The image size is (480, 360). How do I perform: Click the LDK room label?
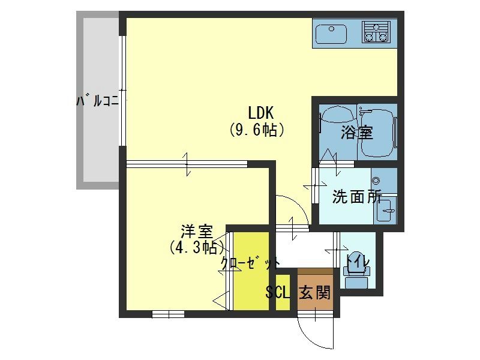point(260,113)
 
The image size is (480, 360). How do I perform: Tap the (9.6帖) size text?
point(257,130)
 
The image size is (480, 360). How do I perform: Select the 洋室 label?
point(196,232)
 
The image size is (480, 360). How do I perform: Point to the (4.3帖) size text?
point(197,247)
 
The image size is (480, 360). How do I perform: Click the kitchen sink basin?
point(331,34)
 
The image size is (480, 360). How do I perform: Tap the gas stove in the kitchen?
point(376,31)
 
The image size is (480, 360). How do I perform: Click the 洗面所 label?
point(357,197)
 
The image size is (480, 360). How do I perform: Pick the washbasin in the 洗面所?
point(385,211)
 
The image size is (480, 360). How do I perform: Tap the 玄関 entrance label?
point(314,292)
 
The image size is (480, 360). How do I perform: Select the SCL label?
point(277,292)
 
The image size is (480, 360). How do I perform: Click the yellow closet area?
point(251,271)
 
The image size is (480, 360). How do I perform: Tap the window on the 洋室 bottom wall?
point(168,314)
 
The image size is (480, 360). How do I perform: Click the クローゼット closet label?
point(250,263)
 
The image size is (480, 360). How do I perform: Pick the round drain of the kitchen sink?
point(331,29)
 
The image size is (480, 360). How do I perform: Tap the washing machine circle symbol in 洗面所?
point(376,181)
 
